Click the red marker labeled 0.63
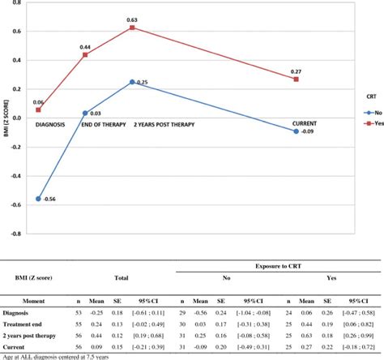tap(132, 28)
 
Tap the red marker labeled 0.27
tap(297, 79)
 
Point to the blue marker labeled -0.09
tap(297, 131)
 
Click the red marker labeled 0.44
tap(85, 55)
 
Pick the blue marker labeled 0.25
tap(132, 82)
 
